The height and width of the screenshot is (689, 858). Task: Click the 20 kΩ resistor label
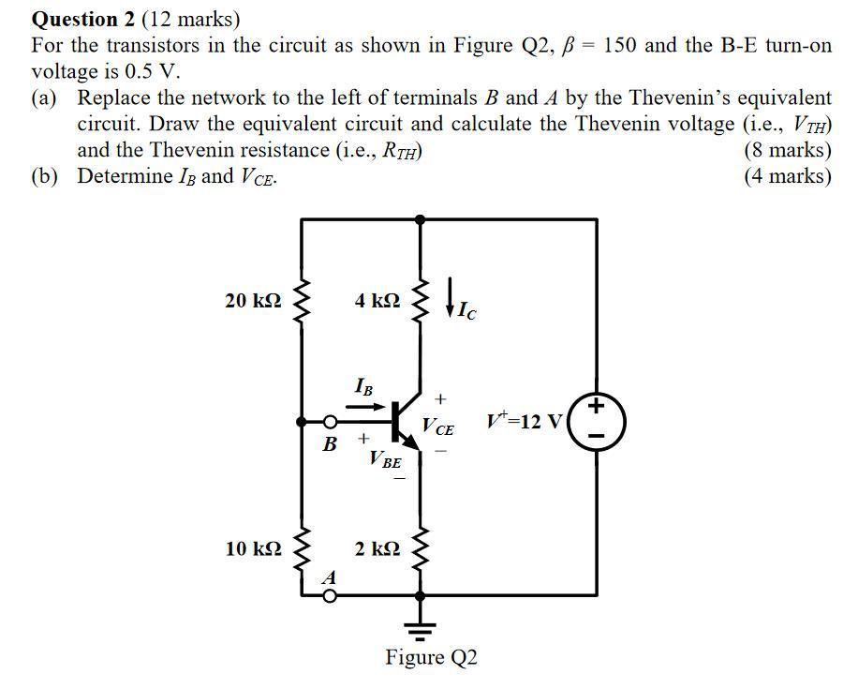tap(253, 301)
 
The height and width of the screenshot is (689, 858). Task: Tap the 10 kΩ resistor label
tap(253, 548)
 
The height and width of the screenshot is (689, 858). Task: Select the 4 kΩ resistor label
tap(377, 301)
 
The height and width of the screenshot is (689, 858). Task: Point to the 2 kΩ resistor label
tap(377, 548)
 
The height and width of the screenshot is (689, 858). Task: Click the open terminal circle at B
tap(330, 422)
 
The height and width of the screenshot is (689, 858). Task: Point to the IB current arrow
tap(366, 407)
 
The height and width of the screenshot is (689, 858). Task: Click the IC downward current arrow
tap(452, 296)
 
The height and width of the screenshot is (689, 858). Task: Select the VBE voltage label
tap(385, 460)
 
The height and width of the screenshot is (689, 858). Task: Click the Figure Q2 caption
tap(431, 657)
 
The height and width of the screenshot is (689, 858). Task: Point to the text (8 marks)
tap(787, 150)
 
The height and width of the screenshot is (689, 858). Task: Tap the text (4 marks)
tap(787, 176)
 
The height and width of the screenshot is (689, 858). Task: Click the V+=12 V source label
tap(525, 421)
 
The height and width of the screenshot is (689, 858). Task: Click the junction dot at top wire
tap(420, 218)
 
